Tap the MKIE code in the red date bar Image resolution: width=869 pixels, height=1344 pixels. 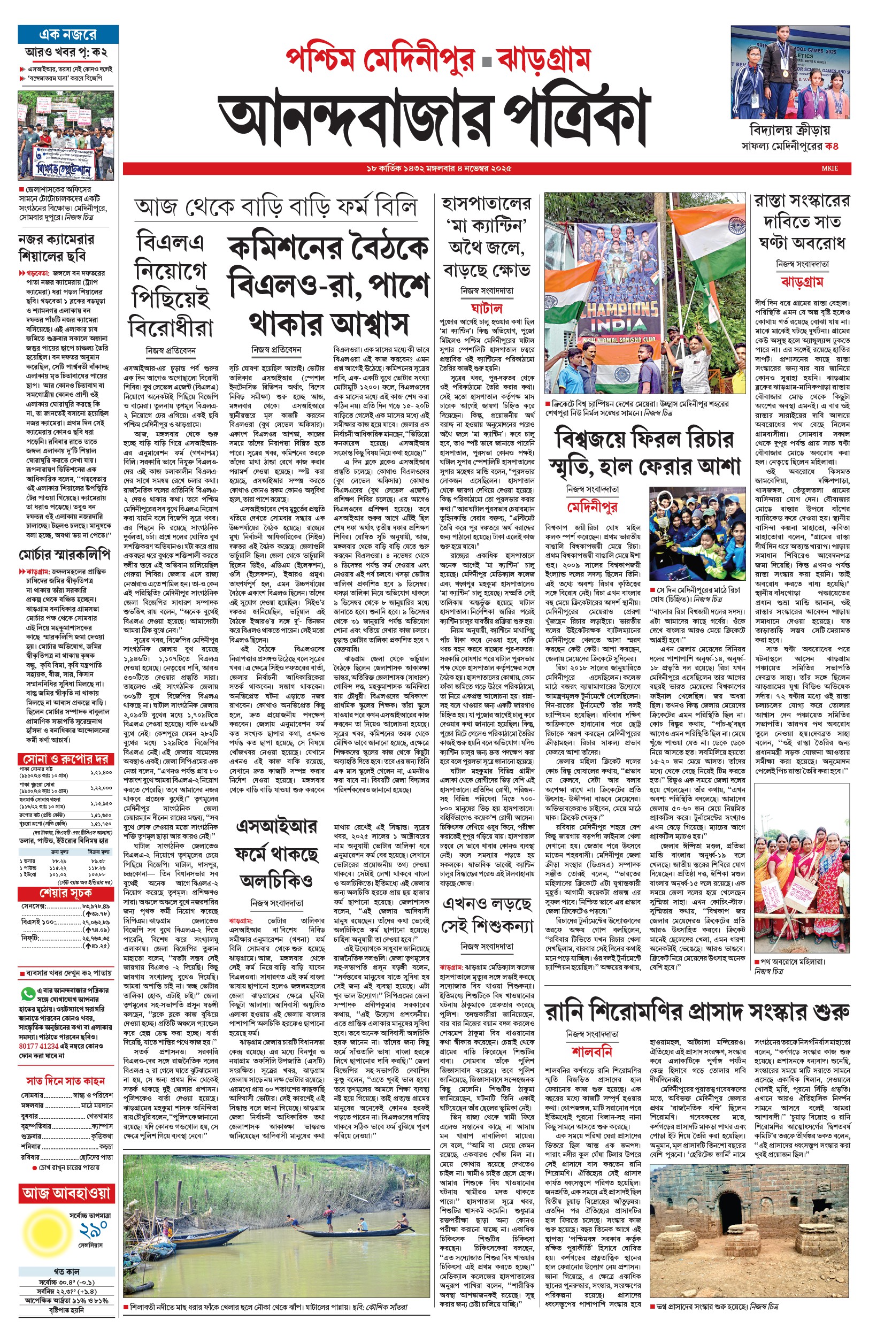click(829, 168)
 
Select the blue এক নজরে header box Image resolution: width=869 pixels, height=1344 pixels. click(68, 35)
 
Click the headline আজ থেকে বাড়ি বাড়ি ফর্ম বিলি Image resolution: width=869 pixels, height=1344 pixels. click(275, 206)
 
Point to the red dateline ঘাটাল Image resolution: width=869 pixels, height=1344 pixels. click(486, 309)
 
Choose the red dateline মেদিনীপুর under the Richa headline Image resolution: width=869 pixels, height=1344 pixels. click(592, 506)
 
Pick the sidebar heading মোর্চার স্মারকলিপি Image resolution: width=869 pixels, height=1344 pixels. click(64, 554)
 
